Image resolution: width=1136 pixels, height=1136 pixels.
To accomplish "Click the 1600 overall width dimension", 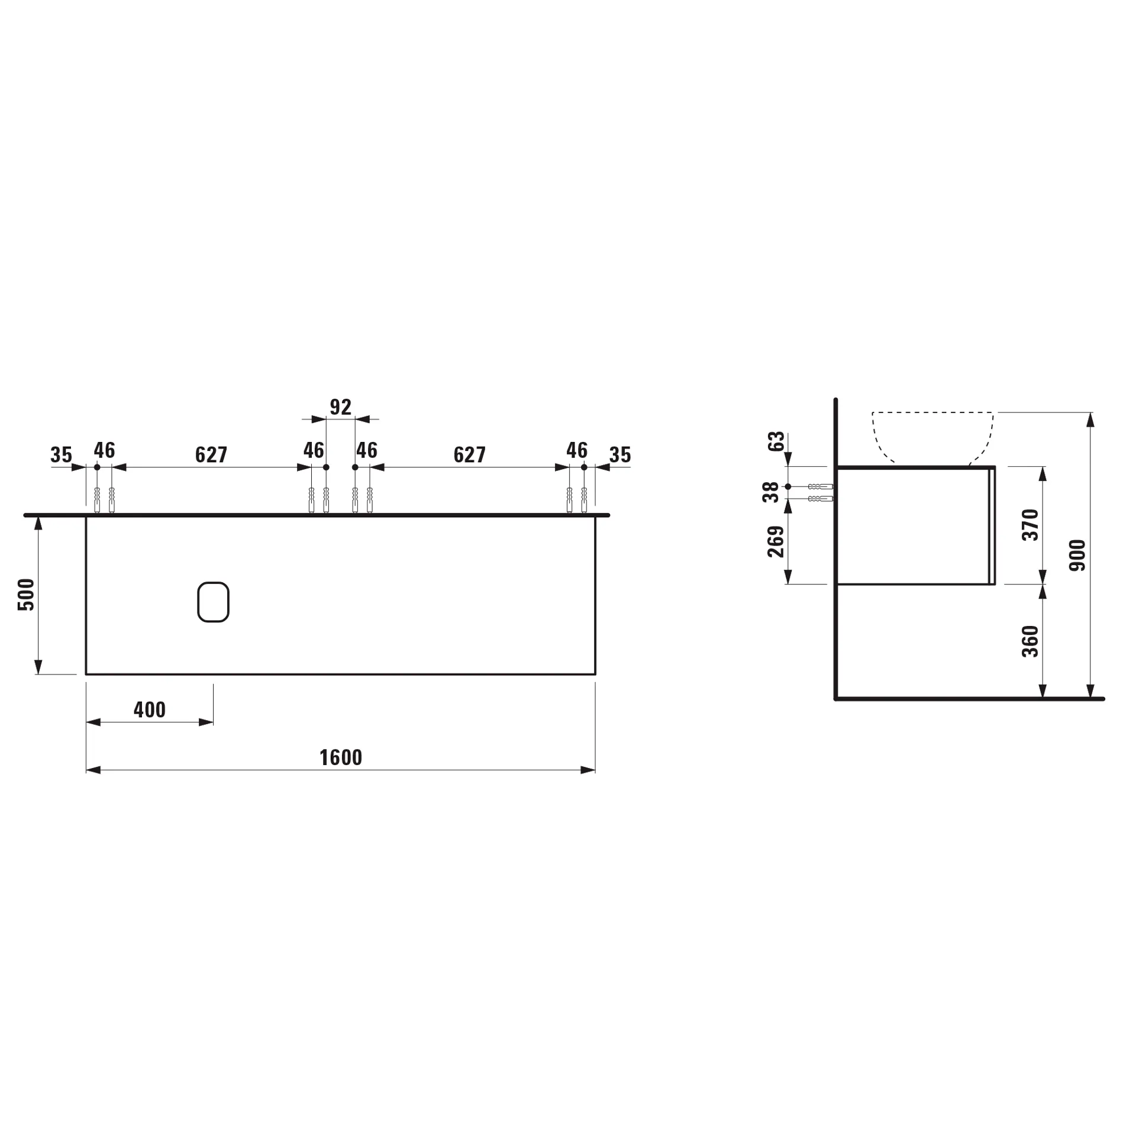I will click(340, 758).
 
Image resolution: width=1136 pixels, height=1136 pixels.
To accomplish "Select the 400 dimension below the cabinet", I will click(149, 710).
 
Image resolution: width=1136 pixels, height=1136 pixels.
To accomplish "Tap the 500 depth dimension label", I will click(27, 595).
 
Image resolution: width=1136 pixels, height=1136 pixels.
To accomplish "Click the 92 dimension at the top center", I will click(340, 407).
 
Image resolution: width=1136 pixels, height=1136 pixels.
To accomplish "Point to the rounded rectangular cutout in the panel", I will click(213, 602).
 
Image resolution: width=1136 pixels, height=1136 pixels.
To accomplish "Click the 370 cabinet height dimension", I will click(1030, 524).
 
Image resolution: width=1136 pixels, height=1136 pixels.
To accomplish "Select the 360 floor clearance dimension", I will click(1030, 641).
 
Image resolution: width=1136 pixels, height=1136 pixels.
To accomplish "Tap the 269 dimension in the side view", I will click(776, 541).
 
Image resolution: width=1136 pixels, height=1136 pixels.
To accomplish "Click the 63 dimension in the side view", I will click(776, 441).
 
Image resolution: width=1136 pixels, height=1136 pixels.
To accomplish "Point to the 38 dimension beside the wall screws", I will click(770, 492).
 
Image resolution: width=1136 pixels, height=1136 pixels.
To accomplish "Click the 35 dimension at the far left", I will click(61, 455).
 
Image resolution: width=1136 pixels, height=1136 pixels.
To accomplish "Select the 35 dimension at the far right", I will click(619, 455).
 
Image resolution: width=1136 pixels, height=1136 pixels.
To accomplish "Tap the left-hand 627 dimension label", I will click(211, 455).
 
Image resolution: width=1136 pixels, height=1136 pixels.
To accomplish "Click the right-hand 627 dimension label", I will click(469, 455).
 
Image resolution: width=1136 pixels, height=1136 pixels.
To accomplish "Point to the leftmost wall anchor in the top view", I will click(97, 500).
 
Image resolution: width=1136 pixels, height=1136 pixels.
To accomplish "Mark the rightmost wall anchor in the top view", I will click(584, 500).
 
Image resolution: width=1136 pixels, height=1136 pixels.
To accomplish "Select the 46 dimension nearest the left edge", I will click(104, 450).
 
